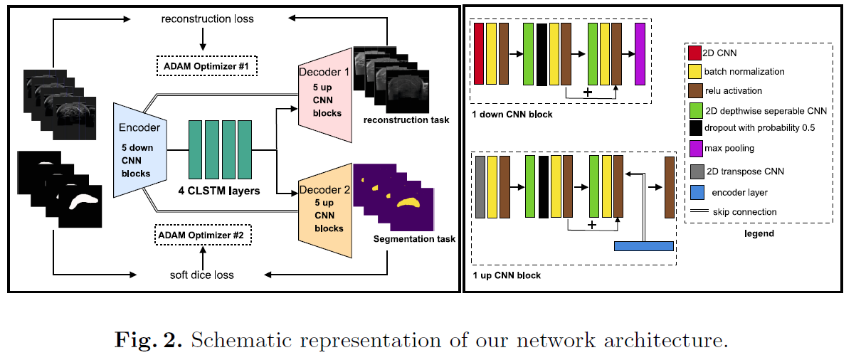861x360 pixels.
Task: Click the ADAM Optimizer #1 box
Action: (206, 68)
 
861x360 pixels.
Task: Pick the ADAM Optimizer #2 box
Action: (204, 234)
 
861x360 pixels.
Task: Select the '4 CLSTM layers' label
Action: (219, 191)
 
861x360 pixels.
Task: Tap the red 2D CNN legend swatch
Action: (694, 53)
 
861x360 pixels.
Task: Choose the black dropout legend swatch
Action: (694, 129)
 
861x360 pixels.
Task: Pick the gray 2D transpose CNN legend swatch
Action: (694, 171)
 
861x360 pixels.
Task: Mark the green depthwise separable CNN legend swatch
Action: (694, 110)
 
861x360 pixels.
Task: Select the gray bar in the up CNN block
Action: (480, 186)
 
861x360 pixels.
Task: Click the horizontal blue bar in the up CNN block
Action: (643, 245)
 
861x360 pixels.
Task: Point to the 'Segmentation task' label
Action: (414, 239)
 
